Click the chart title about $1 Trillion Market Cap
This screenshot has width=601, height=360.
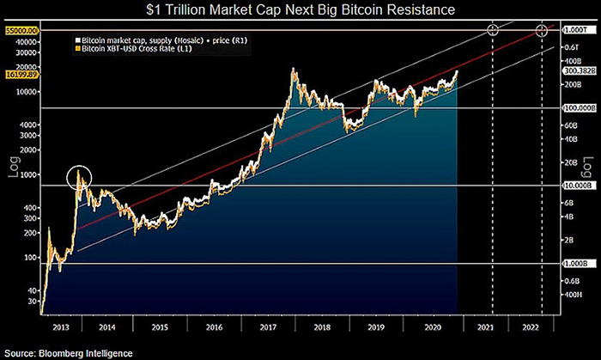coord(300,10)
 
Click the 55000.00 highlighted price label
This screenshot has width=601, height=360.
coord(19,30)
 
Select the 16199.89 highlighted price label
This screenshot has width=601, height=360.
coord(19,76)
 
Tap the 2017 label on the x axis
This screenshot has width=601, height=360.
coord(272,327)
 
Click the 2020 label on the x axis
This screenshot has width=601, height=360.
coord(434,327)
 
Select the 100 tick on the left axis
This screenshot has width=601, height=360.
coord(29,258)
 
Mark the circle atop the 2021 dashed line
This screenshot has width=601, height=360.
coord(493,30)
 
